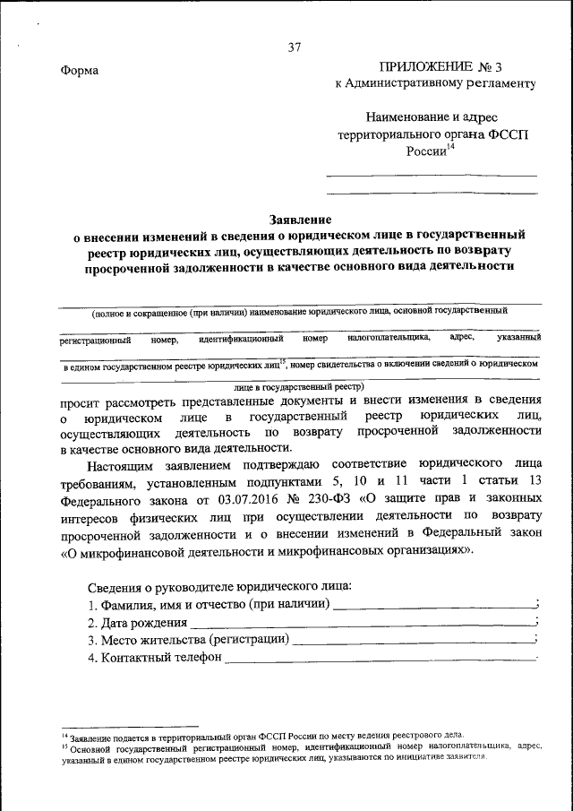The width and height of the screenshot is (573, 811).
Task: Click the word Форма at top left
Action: pyautogui.click(x=80, y=72)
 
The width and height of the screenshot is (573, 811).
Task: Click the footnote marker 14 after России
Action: pyautogui.click(x=450, y=147)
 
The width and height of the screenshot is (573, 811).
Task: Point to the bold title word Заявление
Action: pyautogui.click(x=301, y=219)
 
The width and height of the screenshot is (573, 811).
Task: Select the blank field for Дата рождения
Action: pyautogui.click(x=361, y=622)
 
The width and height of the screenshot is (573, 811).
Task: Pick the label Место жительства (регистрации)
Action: pyautogui.click(x=188, y=640)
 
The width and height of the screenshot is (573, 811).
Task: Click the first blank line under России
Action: pyautogui.click(x=431, y=175)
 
